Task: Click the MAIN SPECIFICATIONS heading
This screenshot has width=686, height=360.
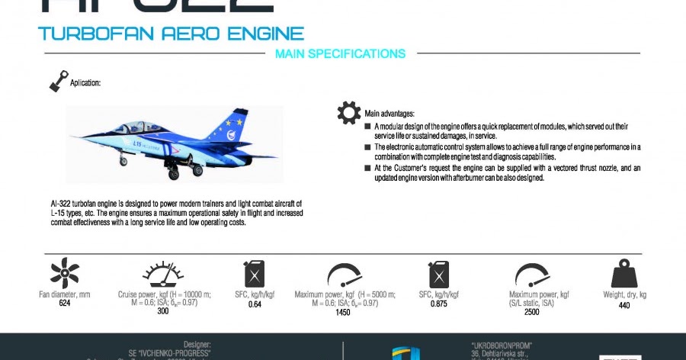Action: coord(340,54)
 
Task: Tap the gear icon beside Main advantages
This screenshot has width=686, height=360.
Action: coord(349,113)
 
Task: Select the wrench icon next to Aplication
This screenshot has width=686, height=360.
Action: coord(58,80)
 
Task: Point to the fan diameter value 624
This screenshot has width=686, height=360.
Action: coord(65,304)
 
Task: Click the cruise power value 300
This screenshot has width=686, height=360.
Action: coord(163,311)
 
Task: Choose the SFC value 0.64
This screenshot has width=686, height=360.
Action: coord(255,304)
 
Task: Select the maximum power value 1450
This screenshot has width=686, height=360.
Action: coord(342,312)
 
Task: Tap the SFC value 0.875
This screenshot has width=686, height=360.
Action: coord(438,304)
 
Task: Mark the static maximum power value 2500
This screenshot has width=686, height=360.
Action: coord(533,311)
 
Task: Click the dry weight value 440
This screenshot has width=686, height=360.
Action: coord(624,304)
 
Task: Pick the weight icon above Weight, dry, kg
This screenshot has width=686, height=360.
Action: coord(624,274)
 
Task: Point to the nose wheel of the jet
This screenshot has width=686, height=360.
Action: coord(123,162)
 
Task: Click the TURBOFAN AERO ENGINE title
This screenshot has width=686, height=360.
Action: coord(171,34)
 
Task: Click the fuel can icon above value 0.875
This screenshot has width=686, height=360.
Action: coord(438,275)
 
